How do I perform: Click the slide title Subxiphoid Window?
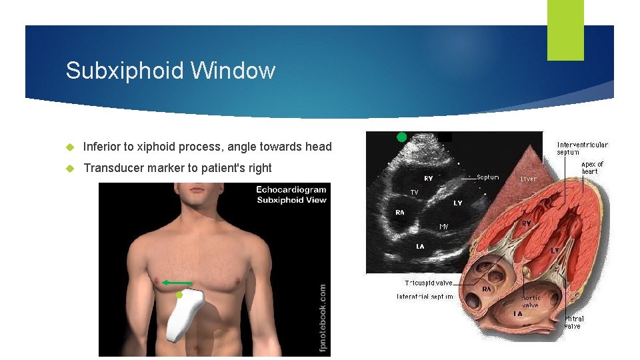(x=170, y=71)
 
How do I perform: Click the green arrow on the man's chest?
(x=177, y=283)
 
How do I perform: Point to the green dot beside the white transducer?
(x=179, y=295)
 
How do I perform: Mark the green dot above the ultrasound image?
(x=401, y=137)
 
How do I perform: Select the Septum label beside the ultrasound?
(x=487, y=177)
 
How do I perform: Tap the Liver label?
(x=529, y=179)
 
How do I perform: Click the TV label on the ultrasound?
(x=414, y=192)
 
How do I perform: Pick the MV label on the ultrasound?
(x=444, y=227)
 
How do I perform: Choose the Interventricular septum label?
(x=582, y=148)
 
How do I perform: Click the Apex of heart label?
(x=592, y=167)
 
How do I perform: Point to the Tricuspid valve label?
(x=428, y=283)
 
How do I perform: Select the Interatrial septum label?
(x=425, y=296)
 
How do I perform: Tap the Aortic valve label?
(x=531, y=301)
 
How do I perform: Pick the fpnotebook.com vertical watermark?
(x=323, y=317)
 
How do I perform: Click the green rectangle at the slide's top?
(x=565, y=30)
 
